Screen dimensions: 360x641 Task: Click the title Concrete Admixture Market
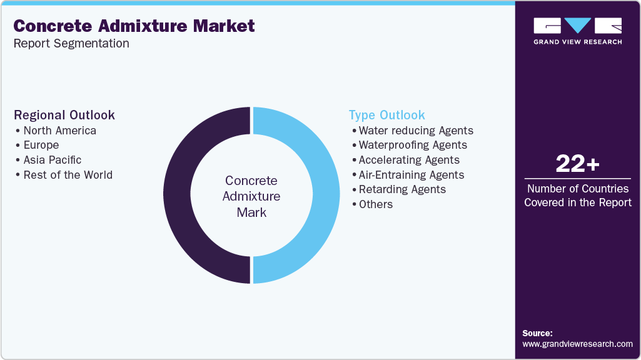(134, 26)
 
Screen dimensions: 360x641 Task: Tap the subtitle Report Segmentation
(71, 44)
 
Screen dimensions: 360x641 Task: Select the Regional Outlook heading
(64, 115)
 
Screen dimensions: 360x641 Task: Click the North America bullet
(59, 131)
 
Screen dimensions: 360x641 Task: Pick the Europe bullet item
(41, 145)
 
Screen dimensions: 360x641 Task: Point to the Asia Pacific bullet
(53, 160)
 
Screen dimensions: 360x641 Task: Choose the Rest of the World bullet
(68, 175)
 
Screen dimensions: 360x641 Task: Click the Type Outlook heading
(386, 115)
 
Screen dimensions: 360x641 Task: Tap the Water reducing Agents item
(416, 131)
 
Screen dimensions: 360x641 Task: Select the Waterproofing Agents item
(413, 145)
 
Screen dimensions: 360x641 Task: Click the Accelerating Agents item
(409, 160)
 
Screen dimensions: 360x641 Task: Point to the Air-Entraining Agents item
(411, 175)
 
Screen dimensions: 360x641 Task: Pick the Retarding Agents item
(402, 189)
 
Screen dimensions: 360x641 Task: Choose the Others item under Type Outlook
(376, 204)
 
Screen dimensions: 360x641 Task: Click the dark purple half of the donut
(181, 195)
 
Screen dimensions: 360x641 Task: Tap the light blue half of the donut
(321, 195)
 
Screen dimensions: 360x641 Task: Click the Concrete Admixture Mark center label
(251, 196)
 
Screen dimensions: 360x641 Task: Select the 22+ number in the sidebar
(577, 164)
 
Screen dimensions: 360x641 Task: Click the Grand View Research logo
(577, 31)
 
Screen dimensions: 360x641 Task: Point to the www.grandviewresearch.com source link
(577, 344)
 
